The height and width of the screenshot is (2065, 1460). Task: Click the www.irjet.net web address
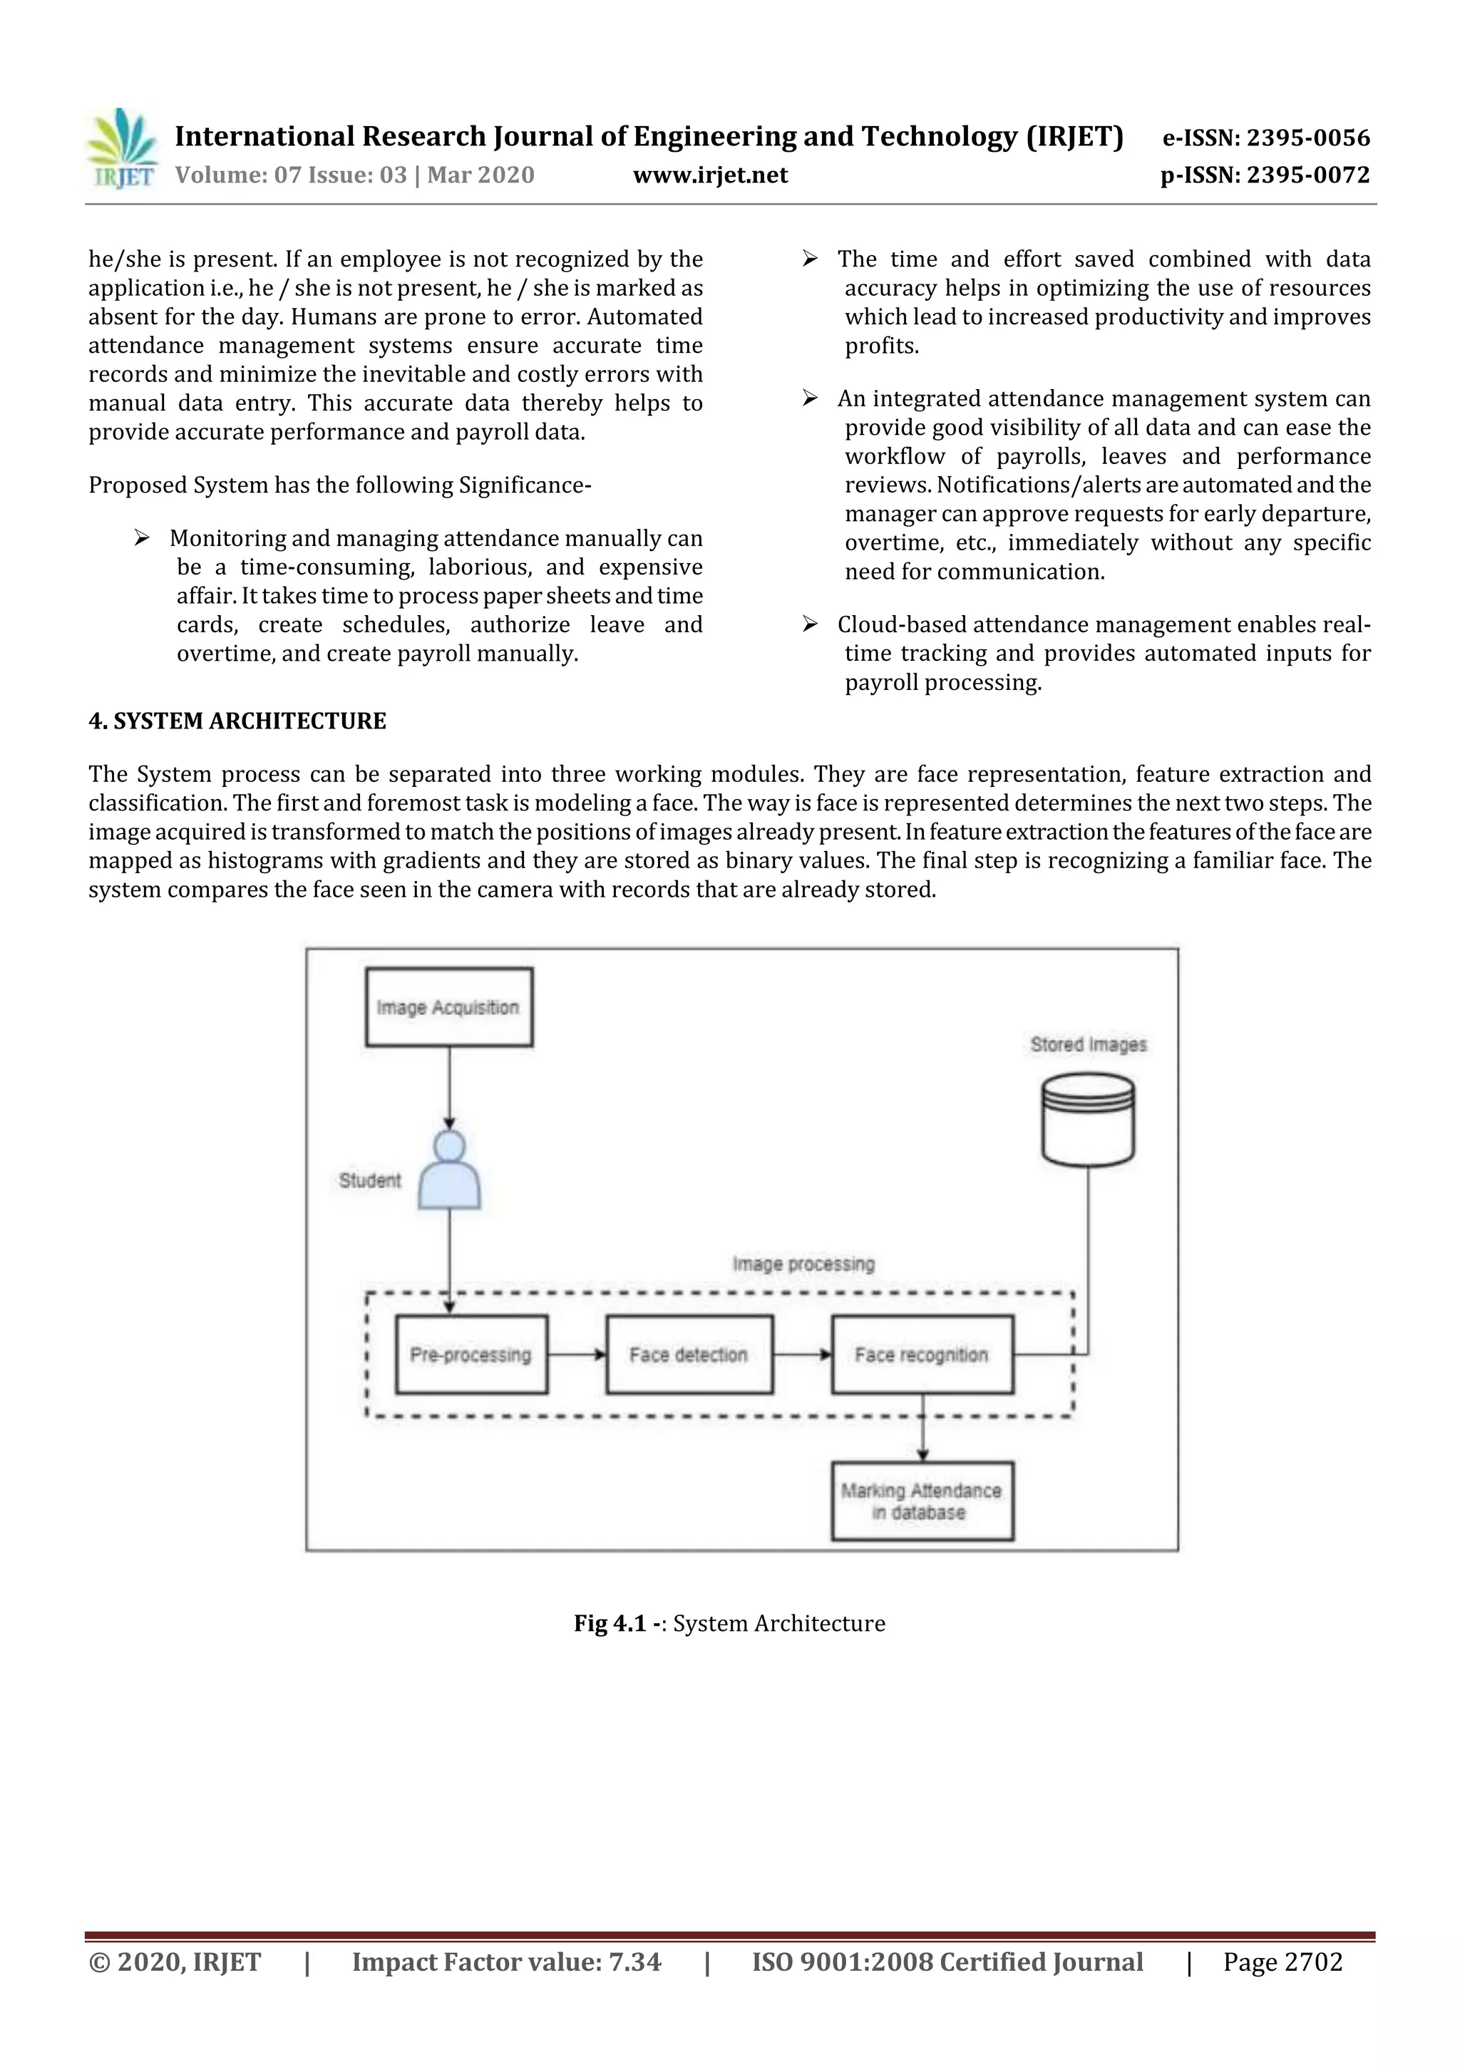click(710, 175)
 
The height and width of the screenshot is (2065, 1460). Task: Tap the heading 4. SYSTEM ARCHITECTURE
click(237, 721)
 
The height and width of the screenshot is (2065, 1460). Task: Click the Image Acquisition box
click(449, 1007)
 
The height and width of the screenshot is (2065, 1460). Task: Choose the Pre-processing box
click(471, 1354)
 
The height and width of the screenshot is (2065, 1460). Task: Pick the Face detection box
click(689, 1354)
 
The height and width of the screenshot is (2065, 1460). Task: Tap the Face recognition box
click(922, 1354)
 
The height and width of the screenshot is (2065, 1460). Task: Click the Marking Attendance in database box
click(922, 1502)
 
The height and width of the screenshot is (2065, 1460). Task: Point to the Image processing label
click(803, 1264)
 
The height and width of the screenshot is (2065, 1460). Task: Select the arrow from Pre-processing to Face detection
click(577, 1354)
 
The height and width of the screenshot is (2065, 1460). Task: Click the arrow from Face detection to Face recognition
click(803, 1354)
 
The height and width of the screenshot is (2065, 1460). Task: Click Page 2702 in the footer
click(1282, 1962)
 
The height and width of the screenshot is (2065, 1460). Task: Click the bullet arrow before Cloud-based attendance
click(810, 624)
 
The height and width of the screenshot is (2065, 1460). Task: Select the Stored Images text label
click(1089, 1044)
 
